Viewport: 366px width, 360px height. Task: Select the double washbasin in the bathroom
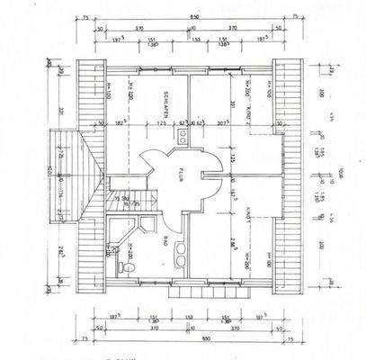179,252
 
